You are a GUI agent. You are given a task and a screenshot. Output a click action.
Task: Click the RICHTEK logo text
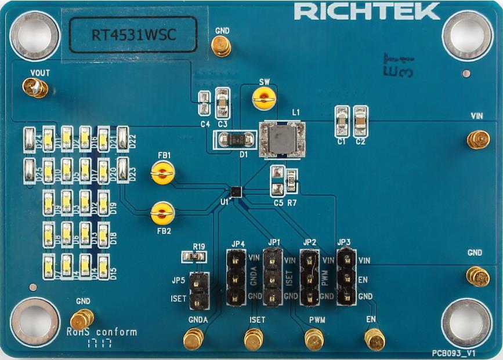[367, 11]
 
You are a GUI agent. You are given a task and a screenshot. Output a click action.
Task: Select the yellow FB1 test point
[162, 172]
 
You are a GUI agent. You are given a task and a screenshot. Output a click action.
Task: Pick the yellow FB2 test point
[162, 213]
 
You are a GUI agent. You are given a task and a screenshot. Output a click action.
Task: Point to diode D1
[236, 140]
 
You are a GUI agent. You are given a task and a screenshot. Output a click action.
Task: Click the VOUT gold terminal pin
[35, 88]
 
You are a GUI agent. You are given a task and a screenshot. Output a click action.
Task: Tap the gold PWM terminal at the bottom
[314, 339]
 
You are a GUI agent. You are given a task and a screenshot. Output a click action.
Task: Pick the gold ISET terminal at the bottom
[253, 339]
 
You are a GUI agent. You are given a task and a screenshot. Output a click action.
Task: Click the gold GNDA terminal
[193, 339]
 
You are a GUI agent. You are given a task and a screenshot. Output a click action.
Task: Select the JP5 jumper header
[199, 290]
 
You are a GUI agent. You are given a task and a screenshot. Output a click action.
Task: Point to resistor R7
[291, 180]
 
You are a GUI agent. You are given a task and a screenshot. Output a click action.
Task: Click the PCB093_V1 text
[454, 352]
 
